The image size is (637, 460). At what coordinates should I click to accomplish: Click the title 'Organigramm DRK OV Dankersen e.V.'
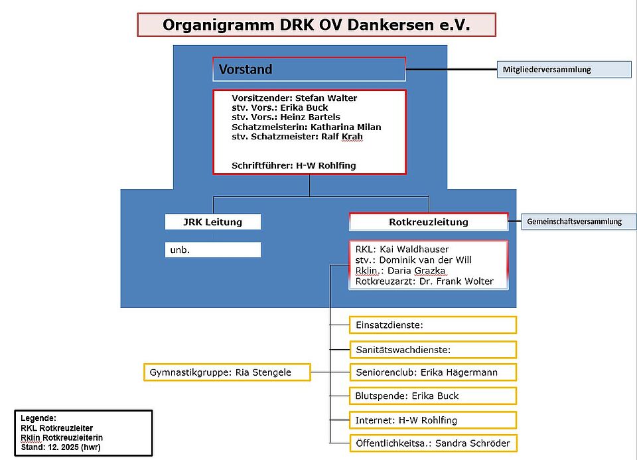(316, 25)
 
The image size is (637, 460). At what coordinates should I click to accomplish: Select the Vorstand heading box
(309, 69)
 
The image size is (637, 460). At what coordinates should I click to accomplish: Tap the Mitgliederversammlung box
(564, 70)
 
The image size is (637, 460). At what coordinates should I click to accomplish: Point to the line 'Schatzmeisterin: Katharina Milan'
(306, 127)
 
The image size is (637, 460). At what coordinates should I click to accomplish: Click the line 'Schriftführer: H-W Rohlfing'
(293, 165)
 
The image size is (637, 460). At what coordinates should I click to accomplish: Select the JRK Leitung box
(212, 222)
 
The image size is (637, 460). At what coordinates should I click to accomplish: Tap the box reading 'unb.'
(212, 250)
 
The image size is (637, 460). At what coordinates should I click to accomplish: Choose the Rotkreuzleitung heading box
(428, 222)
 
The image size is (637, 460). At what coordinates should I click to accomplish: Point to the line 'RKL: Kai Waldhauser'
(401, 249)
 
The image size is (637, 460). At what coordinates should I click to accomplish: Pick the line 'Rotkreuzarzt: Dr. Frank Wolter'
(424, 281)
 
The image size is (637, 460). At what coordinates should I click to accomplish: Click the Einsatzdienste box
(433, 325)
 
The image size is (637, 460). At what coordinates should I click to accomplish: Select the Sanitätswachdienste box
(433, 349)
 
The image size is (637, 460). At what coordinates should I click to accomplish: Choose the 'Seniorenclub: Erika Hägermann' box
(433, 372)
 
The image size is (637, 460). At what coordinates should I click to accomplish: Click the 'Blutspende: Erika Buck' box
(433, 396)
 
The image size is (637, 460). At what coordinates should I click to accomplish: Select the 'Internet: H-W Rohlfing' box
(433, 420)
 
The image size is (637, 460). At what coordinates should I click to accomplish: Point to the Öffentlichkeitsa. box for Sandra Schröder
(433, 443)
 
